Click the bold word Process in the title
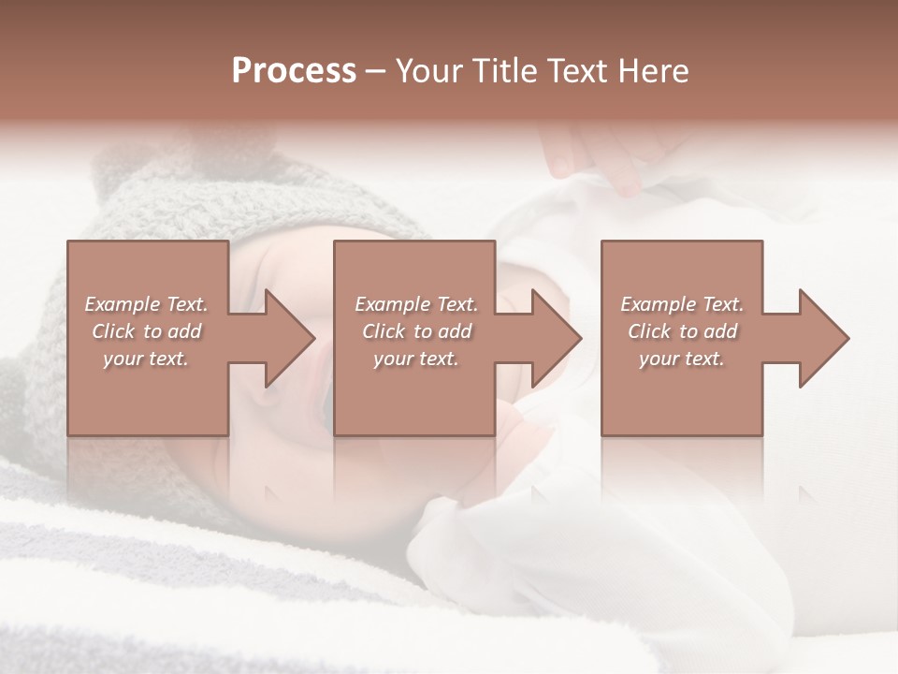294,71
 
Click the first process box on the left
148,393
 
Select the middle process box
414,393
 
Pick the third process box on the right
681,393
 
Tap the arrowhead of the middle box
556,338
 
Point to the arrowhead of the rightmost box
822,338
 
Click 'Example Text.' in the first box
146,304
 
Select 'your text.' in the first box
146,359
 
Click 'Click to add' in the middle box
416,331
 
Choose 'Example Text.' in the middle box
416,304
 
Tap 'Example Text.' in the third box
682,304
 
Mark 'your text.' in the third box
682,359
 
